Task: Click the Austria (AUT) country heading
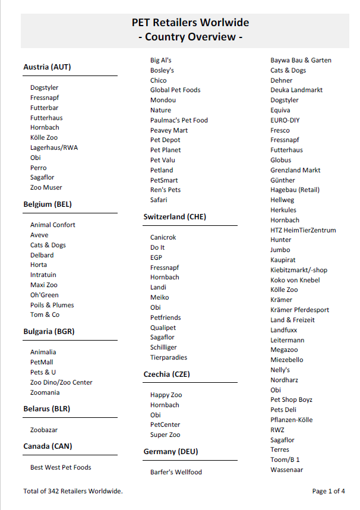click(x=47, y=67)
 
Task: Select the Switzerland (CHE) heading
click(x=175, y=217)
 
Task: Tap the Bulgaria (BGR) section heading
click(x=49, y=331)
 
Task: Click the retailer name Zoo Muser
click(x=46, y=188)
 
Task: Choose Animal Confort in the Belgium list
click(x=53, y=225)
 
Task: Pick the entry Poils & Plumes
click(x=52, y=305)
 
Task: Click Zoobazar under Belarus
click(x=44, y=430)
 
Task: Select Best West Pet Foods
click(x=61, y=468)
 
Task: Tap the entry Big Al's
click(x=161, y=61)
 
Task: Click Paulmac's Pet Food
click(x=179, y=121)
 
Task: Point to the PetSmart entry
click(x=164, y=181)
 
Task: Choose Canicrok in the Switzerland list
click(x=163, y=238)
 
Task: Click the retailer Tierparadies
click(x=169, y=358)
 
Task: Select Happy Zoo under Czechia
click(x=166, y=395)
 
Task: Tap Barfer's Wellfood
click(x=176, y=473)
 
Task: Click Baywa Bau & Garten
click(x=301, y=61)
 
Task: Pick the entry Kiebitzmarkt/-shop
click(x=299, y=270)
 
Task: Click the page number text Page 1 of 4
click(x=329, y=492)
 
